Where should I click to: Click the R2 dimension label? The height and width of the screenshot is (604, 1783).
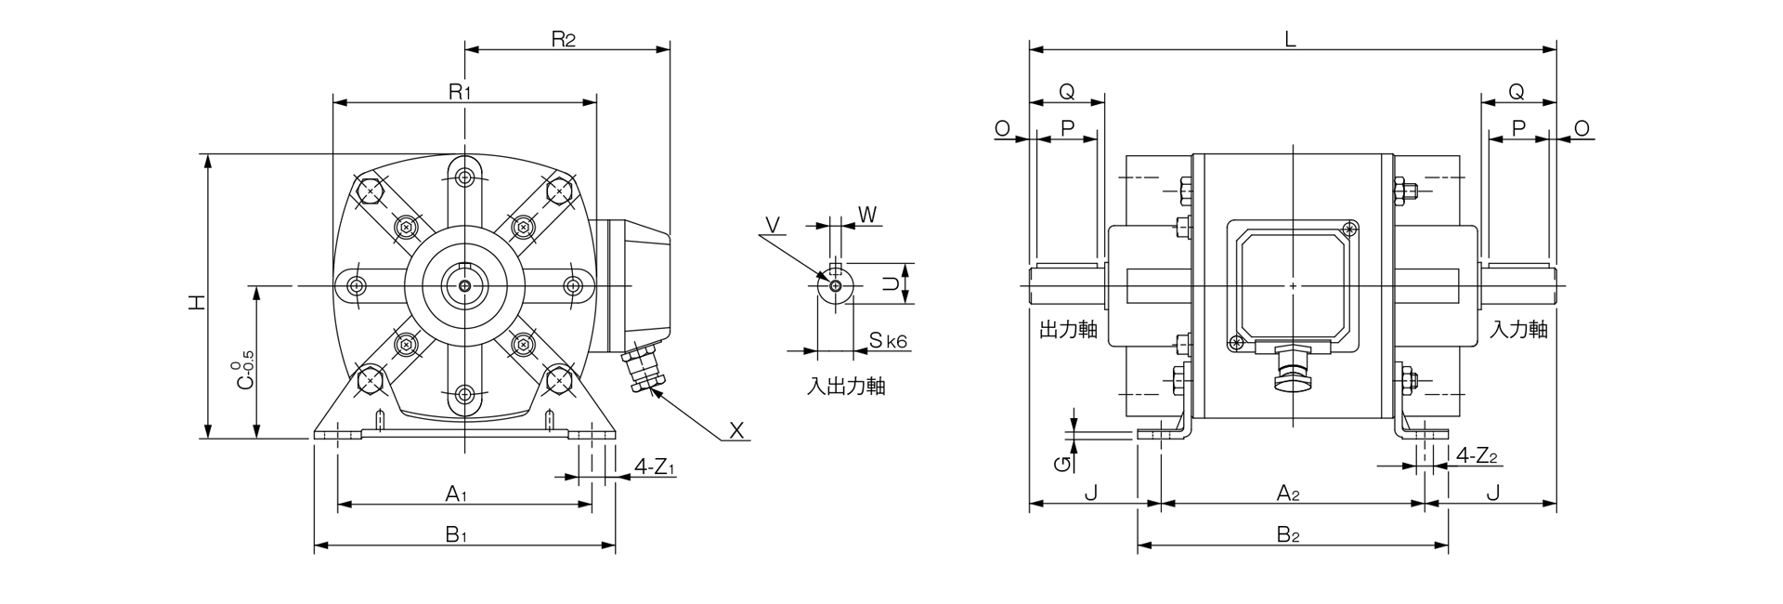pos(564,39)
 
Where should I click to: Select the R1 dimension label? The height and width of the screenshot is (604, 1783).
pos(461,92)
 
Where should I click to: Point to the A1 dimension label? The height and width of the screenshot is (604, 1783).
pos(455,493)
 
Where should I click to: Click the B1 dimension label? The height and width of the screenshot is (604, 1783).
pos(455,534)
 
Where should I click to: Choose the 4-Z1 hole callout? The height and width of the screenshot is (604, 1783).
pos(655,466)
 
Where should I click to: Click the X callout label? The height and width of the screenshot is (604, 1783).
pos(736,430)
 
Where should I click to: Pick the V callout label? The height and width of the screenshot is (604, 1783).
pos(773,224)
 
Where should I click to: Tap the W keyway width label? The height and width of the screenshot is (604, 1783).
pos(866,215)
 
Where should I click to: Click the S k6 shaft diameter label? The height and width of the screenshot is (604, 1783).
pos(888,341)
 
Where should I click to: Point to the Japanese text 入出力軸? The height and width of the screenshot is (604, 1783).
pos(845,387)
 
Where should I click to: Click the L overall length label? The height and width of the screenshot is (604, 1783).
pos(1290,39)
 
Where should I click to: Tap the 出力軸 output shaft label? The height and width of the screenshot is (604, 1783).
pos(1068,330)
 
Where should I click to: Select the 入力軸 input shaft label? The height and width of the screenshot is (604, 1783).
pos(1518,330)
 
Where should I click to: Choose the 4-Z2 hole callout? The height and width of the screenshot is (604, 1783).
pos(1477,456)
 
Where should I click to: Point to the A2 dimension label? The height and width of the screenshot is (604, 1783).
pos(1286,493)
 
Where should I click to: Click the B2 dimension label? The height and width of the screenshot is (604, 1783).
pos(1286,534)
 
